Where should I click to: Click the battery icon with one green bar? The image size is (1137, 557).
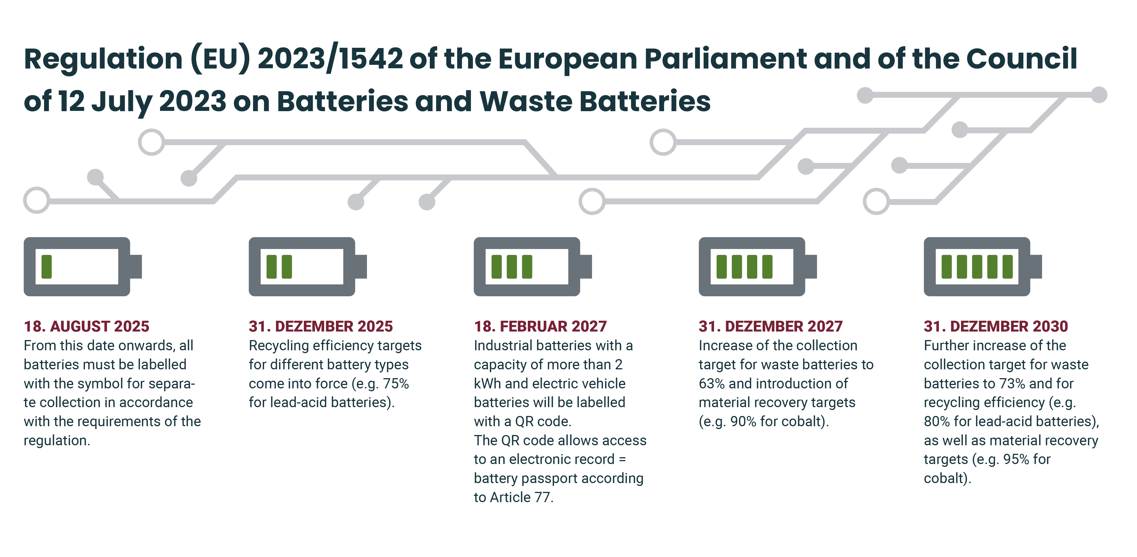82,267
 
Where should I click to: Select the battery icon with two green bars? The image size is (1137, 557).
308,267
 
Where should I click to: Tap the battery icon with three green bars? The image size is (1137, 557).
533,267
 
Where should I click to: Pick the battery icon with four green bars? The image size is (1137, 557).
758,267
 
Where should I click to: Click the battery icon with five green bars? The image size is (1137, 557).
983,267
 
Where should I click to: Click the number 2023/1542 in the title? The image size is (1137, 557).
330,59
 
